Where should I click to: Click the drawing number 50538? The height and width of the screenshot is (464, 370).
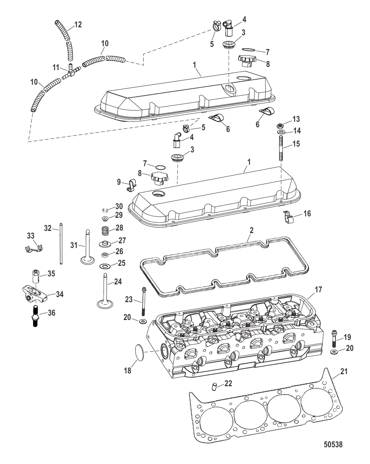(x=333, y=445)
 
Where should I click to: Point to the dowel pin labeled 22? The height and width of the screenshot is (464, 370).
(x=215, y=386)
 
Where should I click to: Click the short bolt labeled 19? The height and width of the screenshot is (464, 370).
(x=334, y=339)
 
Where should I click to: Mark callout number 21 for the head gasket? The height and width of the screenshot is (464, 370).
(x=344, y=371)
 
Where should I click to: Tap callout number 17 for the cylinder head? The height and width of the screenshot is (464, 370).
(x=318, y=290)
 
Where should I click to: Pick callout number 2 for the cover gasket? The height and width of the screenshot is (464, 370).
(x=252, y=230)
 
